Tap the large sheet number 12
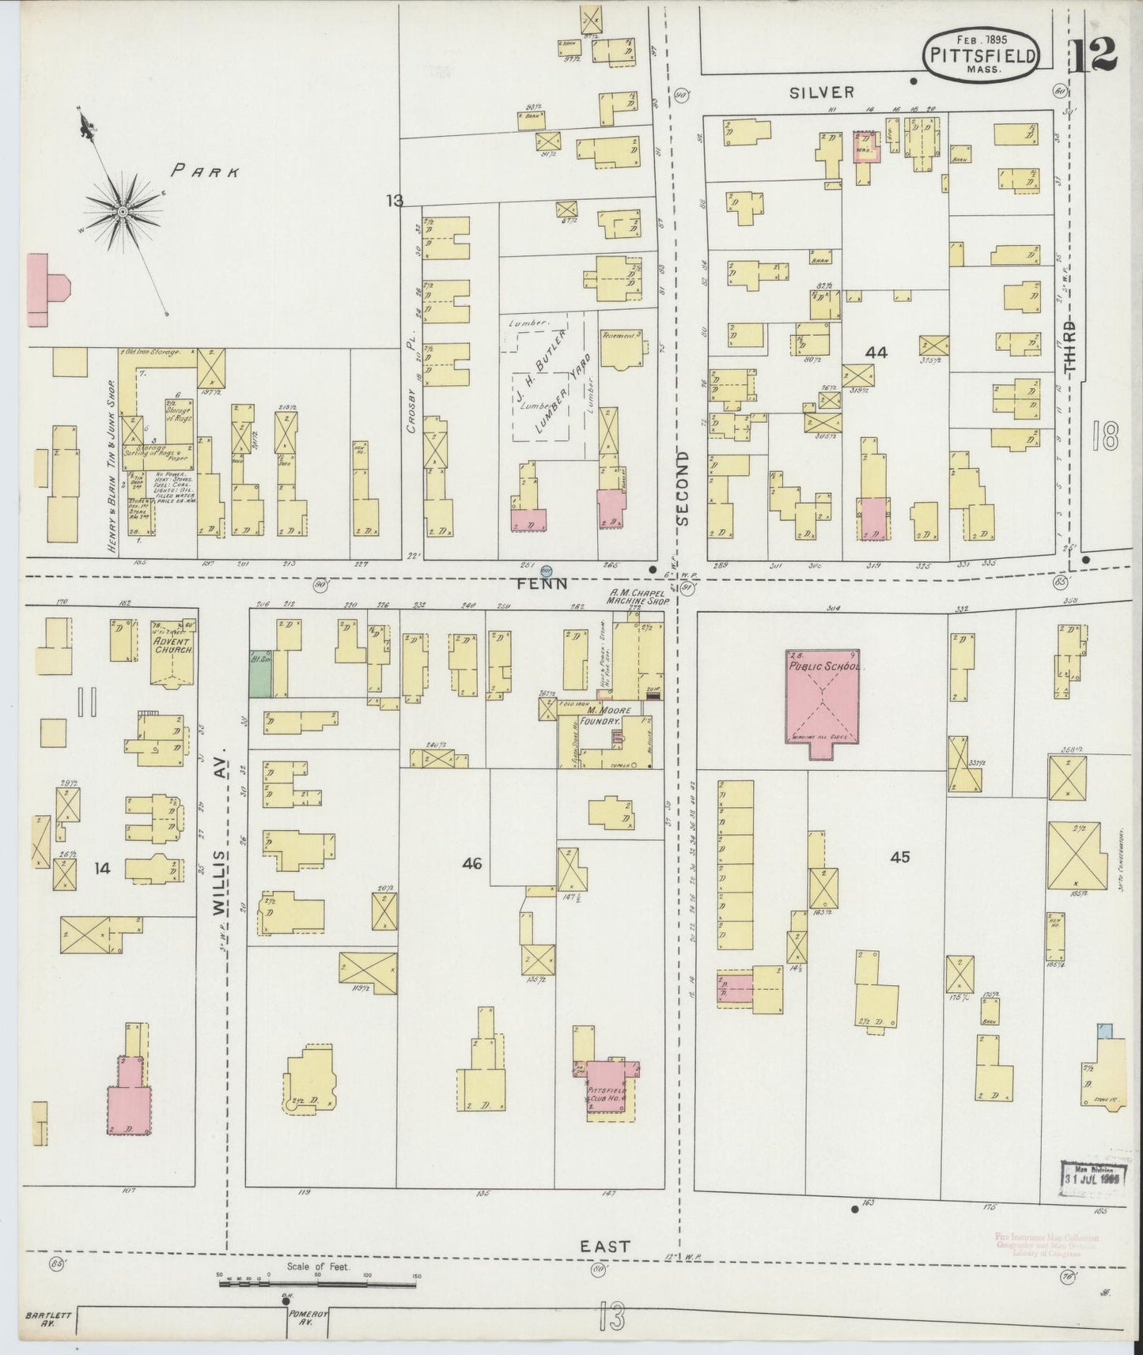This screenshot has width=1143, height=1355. point(1095,52)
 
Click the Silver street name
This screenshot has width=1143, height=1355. point(822,92)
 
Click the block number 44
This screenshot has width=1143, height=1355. point(876,353)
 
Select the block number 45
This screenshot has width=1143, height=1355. point(900,856)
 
